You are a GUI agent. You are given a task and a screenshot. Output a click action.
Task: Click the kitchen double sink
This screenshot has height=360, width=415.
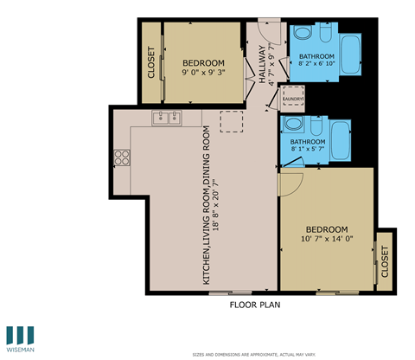pyautogui.click(x=167, y=119)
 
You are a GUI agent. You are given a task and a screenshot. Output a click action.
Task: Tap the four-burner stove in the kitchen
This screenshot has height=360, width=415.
pyautogui.click(x=122, y=157)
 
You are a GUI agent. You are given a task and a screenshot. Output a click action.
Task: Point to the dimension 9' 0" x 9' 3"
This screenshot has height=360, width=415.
pyautogui.click(x=204, y=74)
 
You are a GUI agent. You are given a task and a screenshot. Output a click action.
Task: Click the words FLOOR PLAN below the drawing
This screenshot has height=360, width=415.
pyautogui.click(x=254, y=305)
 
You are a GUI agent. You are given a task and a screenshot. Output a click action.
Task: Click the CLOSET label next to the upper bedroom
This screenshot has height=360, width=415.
pyautogui.click(x=150, y=62)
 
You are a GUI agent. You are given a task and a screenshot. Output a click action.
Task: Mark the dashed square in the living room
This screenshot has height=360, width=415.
pyautogui.click(x=233, y=123)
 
